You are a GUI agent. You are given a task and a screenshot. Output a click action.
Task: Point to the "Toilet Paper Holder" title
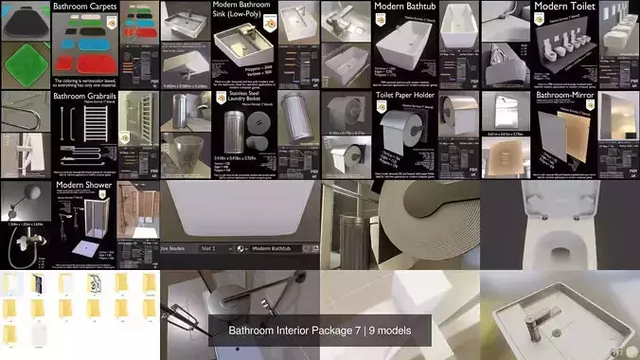(406, 96)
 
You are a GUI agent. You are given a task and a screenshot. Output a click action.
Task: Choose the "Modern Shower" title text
(81, 187)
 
